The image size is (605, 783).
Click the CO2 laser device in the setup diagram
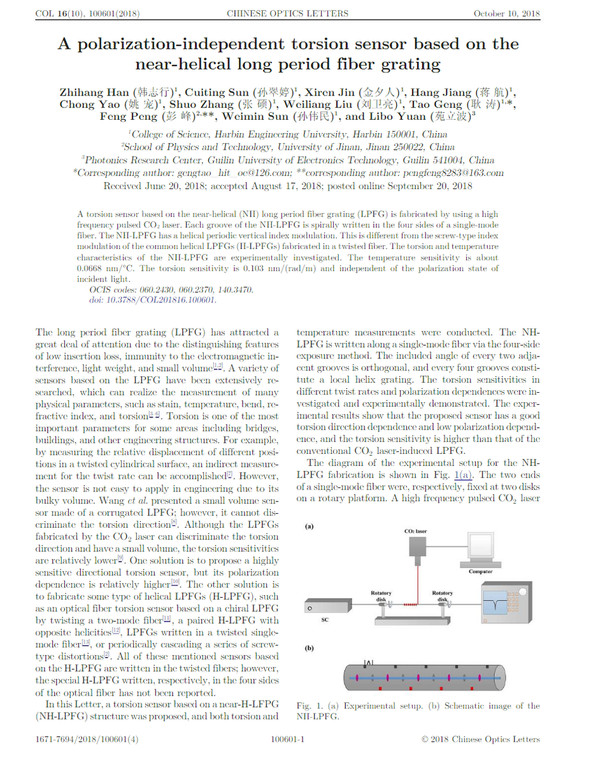(418, 545)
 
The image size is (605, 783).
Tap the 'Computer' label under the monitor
(480, 572)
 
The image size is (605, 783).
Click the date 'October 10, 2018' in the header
(506, 13)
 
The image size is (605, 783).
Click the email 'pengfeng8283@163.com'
(453, 173)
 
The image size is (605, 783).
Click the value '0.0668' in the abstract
(90, 268)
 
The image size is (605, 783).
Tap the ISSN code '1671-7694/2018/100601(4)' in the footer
(87, 739)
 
